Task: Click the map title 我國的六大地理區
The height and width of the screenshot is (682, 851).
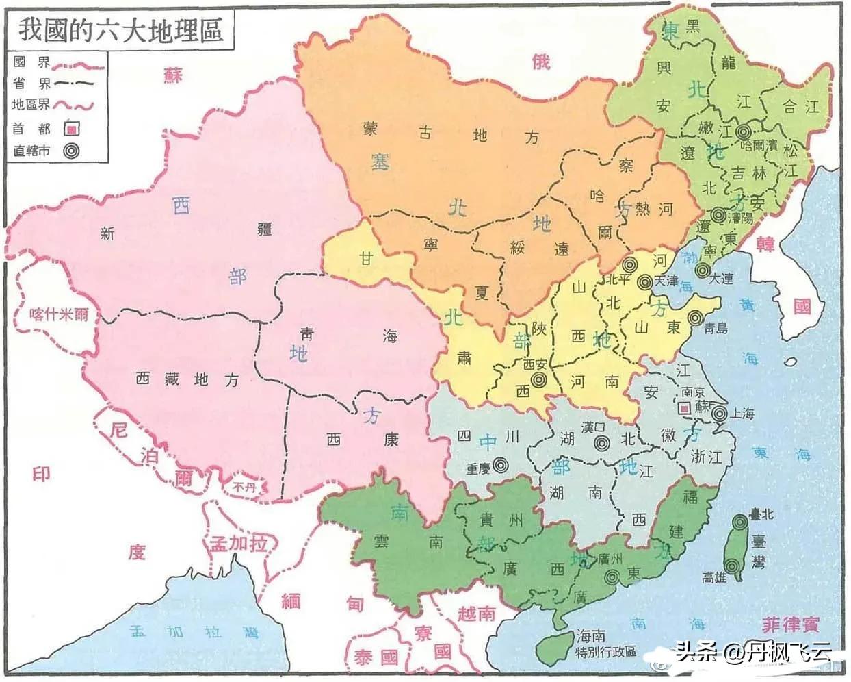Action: click(x=121, y=30)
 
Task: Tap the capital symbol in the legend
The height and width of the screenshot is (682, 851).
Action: click(x=71, y=129)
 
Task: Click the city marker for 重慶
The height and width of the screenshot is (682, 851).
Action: click(x=501, y=465)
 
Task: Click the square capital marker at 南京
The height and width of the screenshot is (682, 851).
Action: click(x=683, y=407)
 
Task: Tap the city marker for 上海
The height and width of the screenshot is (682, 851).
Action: click(x=719, y=414)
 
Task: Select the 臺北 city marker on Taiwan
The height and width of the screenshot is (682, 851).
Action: click(x=739, y=522)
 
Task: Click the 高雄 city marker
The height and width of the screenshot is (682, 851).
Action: click(x=733, y=566)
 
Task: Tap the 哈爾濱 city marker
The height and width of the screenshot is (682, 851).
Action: click(x=744, y=131)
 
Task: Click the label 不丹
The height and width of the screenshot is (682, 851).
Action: click(x=243, y=488)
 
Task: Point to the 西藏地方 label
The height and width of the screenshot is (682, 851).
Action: click(x=187, y=378)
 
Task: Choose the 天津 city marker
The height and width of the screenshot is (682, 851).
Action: click(x=644, y=281)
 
